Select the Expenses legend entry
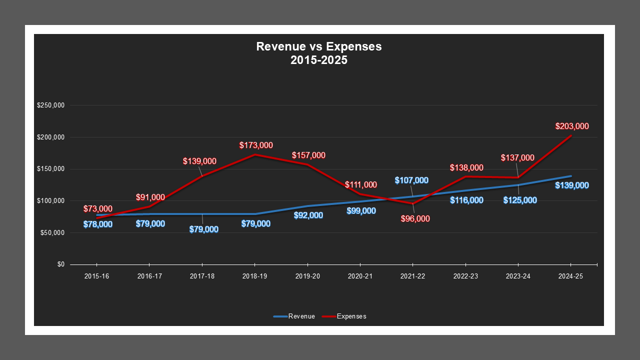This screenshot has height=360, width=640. [x=344, y=316]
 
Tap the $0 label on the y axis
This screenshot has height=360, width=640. [x=60, y=264]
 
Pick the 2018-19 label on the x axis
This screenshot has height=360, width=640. [x=255, y=276]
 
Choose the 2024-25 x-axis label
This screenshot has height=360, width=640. [x=570, y=276]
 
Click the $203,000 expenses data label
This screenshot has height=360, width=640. [x=572, y=126]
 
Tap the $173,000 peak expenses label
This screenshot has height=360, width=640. [x=256, y=145]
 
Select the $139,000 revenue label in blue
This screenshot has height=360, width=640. [x=572, y=185]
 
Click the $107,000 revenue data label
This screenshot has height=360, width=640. [x=411, y=180]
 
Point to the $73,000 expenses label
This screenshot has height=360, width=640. [x=98, y=208]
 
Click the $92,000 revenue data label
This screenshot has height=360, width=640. [x=308, y=215]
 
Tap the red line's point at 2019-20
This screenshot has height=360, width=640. [x=308, y=164]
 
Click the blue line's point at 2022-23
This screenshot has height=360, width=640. [x=465, y=190]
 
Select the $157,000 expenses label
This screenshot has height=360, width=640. [x=308, y=155]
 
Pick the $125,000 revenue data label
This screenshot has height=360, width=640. [x=520, y=200]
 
